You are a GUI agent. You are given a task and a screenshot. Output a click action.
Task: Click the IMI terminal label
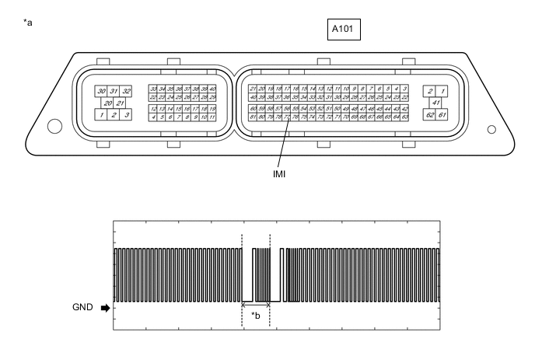(x=278, y=174)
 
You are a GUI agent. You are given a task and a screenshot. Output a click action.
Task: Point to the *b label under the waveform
(x=256, y=316)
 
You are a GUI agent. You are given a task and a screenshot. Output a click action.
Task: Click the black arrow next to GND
(x=105, y=308)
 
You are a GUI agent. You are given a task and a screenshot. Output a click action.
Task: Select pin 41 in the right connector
(x=435, y=103)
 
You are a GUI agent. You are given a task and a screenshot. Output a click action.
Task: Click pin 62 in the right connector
(x=428, y=115)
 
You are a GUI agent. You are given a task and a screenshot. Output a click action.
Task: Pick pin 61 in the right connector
(x=441, y=115)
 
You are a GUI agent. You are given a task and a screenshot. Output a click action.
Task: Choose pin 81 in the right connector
(x=254, y=117)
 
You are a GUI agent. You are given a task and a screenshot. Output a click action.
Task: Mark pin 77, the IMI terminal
(x=287, y=117)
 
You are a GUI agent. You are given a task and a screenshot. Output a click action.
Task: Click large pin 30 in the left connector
(x=100, y=91)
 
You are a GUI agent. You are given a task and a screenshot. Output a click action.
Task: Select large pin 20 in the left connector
(x=107, y=103)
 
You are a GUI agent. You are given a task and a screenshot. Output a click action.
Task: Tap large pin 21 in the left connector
(x=120, y=103)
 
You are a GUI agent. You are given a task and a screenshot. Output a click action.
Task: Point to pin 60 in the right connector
(x=254, y=109)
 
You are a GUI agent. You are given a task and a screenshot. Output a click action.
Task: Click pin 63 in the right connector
(x=405, y=117)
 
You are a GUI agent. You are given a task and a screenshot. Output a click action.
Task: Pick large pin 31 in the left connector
(x=114, y=91)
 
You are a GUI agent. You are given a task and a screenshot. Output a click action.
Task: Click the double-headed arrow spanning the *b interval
(x=256, y=304)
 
